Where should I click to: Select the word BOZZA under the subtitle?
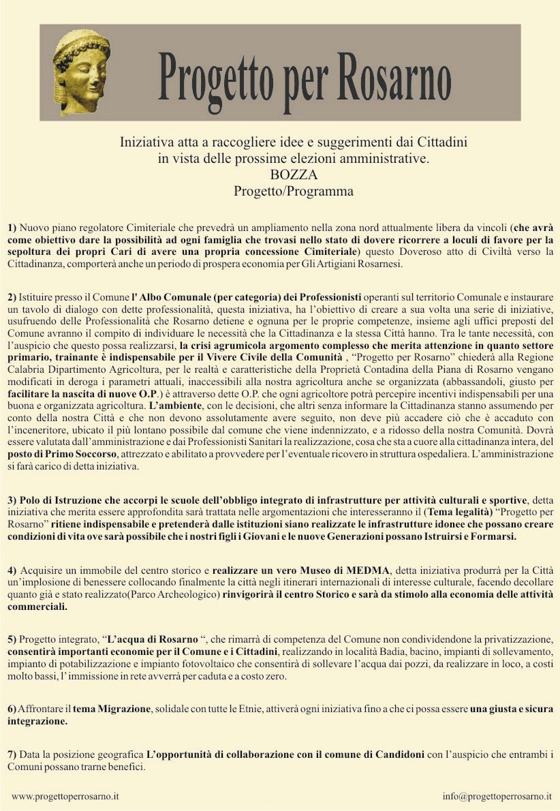click(x=293, y=175)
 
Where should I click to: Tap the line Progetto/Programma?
click(x=293, y=192)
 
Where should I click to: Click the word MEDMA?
click(x=368, y=570)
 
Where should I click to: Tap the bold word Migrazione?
click(x=123, y=709)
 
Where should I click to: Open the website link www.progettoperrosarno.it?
click(x=65, y=796)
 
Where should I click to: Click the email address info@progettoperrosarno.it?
click(x=497, y=796)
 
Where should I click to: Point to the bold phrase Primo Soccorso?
click(x=74, y=455)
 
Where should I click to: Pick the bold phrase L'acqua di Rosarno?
click(x=153, y=639)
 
